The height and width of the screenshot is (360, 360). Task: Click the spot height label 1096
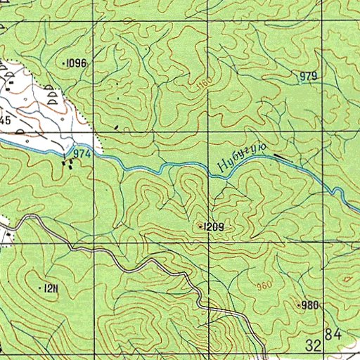(x=76, y=64)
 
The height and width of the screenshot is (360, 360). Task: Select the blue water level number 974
(x=82, y=153)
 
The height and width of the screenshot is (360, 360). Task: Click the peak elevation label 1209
(x=214, y=226)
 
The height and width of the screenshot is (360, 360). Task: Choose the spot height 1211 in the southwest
(x=50, y=288)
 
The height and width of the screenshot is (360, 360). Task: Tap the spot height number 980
(x=309, y=305)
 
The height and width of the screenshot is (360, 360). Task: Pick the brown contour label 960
(x=264, y=286)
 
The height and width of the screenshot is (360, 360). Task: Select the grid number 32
(x=314, y=345)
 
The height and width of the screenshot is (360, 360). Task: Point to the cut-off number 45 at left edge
(x=4, y=121)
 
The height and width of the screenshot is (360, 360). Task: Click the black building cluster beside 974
(x=69, y=163)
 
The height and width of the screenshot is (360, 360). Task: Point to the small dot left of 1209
(x=201, y=226)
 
